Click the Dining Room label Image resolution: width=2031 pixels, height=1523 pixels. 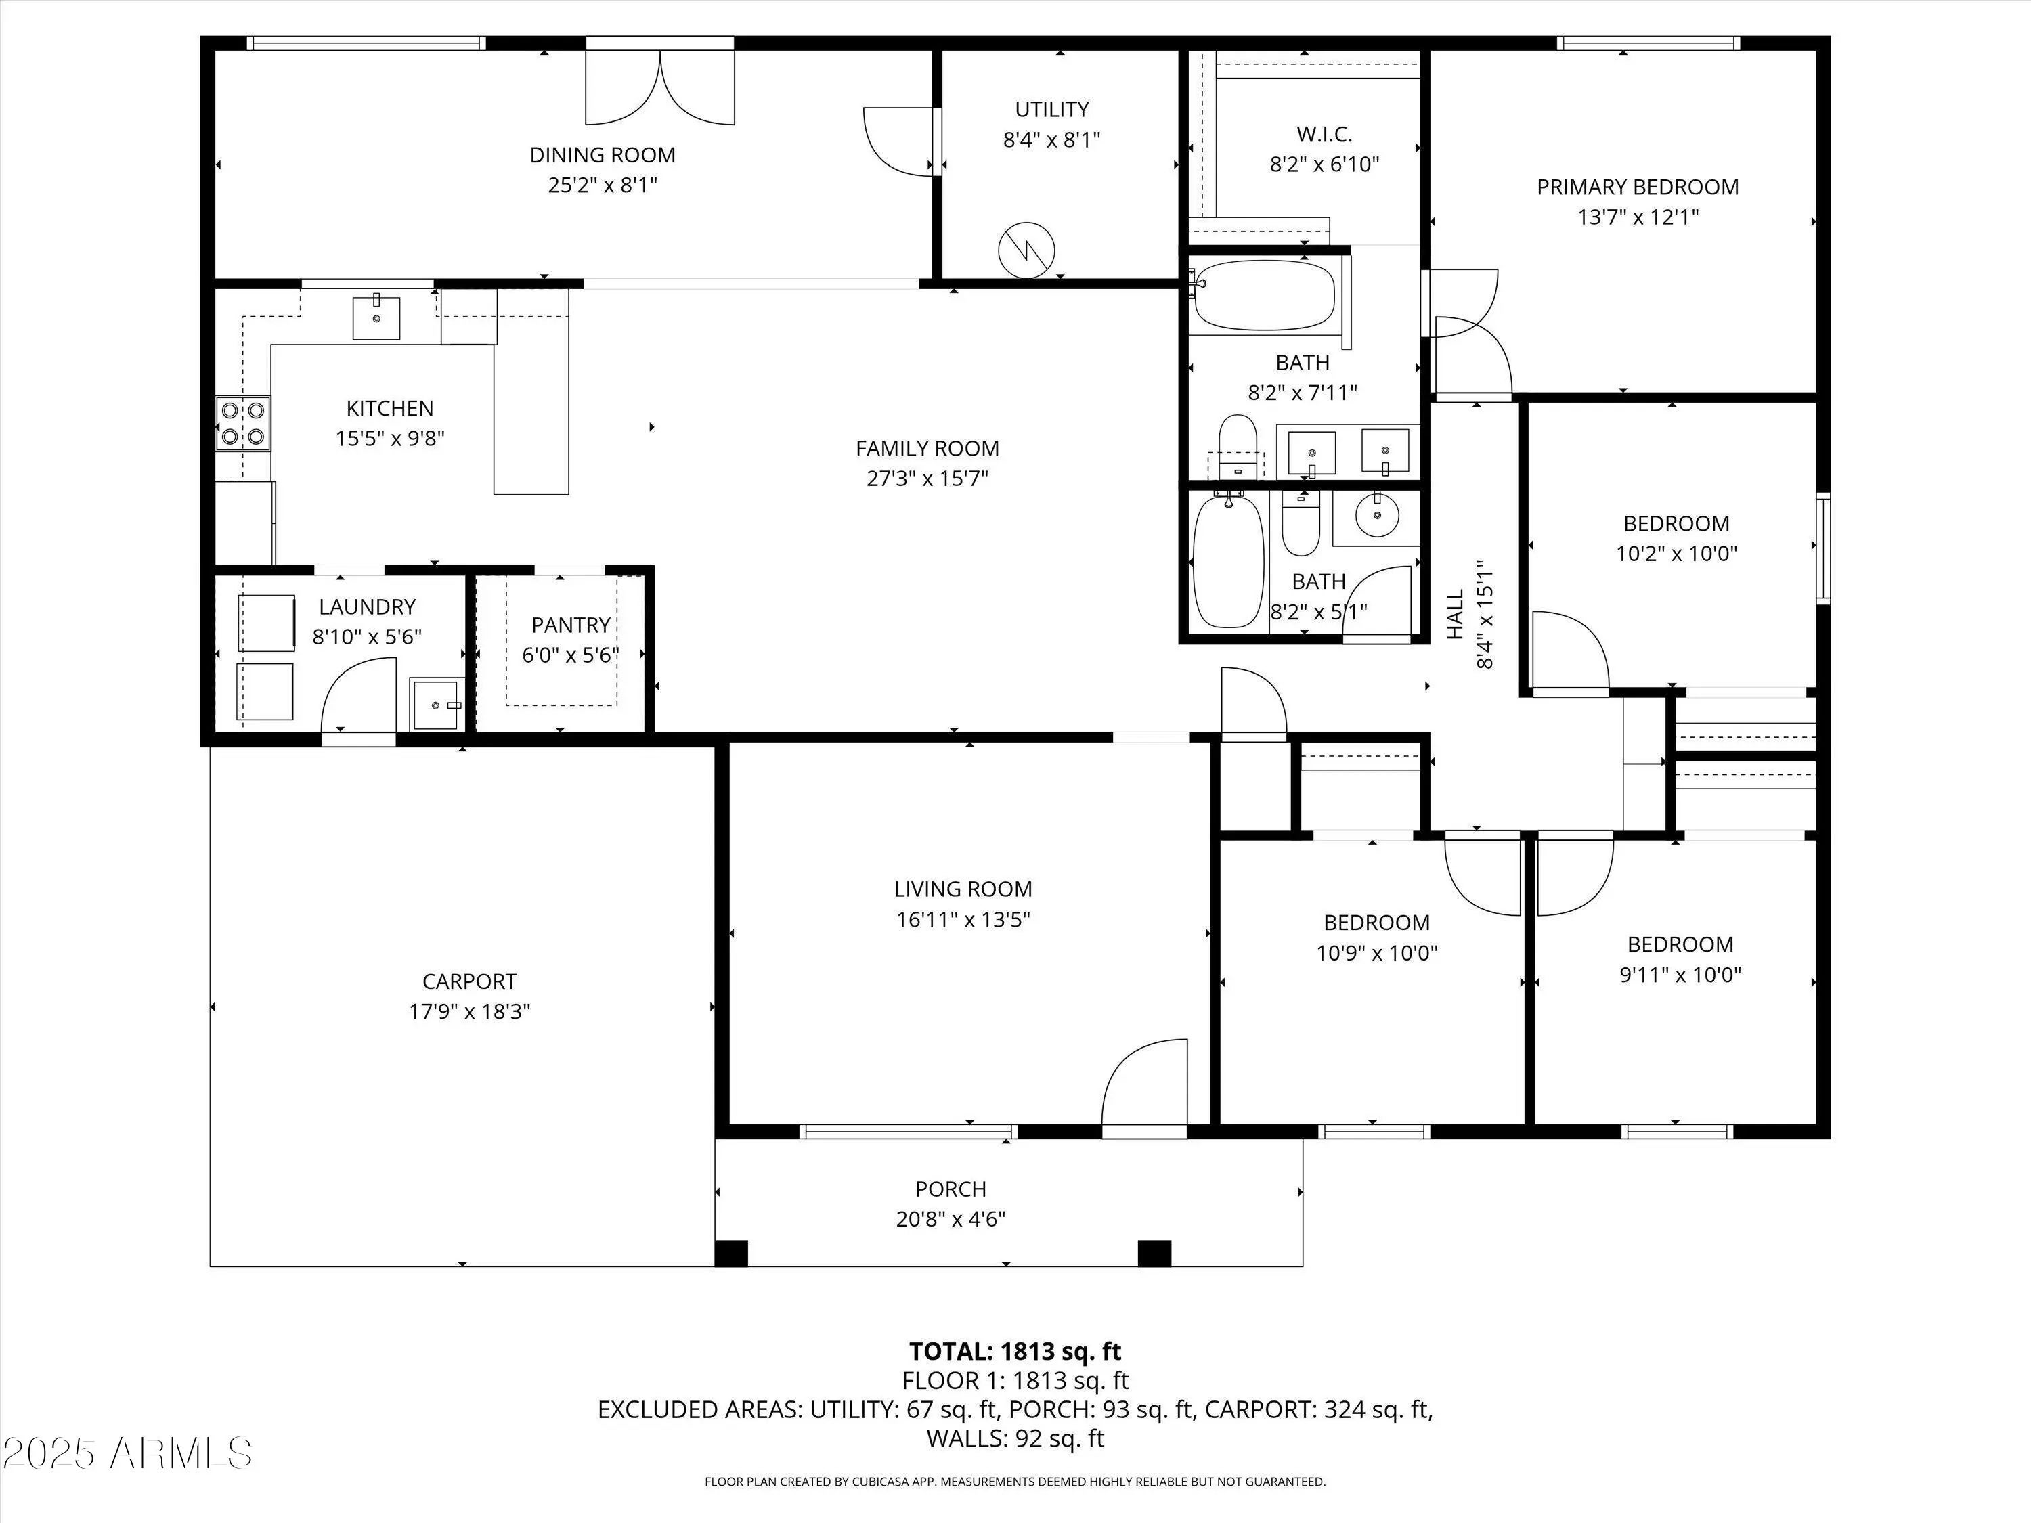point(603,155)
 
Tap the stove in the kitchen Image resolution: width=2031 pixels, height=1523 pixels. point(243,423)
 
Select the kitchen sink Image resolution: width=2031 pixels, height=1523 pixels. point(376,317)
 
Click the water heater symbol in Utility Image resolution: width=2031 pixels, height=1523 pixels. point(1026,249)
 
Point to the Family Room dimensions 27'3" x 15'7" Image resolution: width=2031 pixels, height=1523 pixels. point(927,479)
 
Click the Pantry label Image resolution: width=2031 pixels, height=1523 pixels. point(571,625)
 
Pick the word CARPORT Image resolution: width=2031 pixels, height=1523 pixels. point(469,981)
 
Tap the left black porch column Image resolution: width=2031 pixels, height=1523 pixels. point(731,1253)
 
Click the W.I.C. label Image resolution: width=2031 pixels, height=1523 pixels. point(1324,134)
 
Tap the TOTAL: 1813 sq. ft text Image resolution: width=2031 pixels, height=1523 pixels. point(1016,1351)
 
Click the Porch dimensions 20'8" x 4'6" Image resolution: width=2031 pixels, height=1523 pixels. point(951,1219)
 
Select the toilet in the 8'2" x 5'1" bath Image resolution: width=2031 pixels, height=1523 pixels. point(1300,523)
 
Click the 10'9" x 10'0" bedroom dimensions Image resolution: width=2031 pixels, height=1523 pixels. point(1377,953)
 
